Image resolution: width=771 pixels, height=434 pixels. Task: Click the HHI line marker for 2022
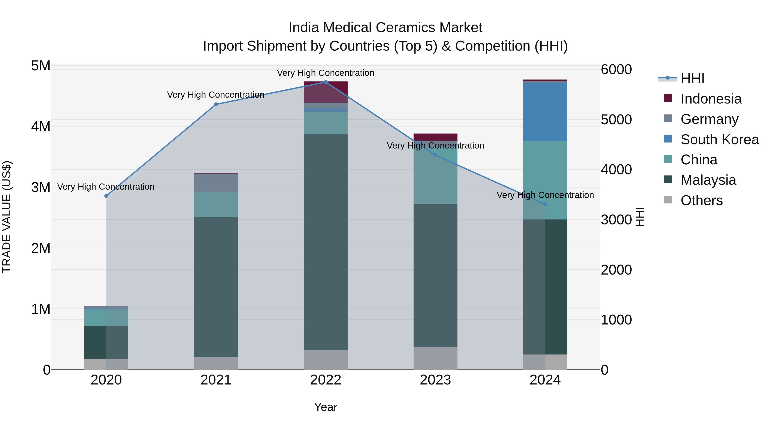[326, 82]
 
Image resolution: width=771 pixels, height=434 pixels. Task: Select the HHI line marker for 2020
[106, 196]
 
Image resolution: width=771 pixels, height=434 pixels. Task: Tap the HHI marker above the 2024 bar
[545, 204]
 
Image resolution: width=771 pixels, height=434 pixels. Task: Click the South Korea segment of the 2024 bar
[545, 112]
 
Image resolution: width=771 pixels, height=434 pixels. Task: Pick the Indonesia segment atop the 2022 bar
[326, 92]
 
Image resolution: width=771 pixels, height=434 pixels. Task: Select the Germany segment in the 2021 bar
[216, 183]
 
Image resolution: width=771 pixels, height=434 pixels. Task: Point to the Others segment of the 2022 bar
[326, 359]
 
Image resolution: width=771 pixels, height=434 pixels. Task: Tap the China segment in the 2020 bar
[106, 317]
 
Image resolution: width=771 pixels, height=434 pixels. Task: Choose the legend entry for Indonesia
[711, 99]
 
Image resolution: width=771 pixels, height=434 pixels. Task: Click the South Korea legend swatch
[668, 139]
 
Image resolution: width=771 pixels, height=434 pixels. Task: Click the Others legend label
[702, 200]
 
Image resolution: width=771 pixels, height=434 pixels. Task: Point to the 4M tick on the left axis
[41, 126]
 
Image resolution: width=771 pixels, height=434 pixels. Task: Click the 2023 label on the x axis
[435, 380]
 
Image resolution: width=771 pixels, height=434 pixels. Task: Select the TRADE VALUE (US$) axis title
[7, 217]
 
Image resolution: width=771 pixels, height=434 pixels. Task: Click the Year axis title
[326, 407]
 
